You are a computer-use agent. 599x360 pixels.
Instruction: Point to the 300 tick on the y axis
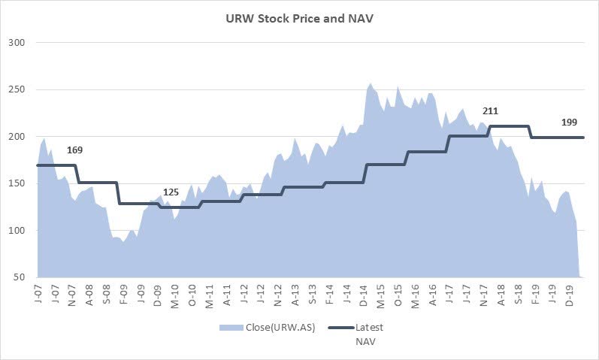click(17, 43)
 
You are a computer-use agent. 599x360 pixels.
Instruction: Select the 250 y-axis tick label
click(17, 89)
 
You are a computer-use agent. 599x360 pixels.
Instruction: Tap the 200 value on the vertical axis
click(17, 137)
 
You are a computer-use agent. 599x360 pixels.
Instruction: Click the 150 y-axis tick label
click(17, 184)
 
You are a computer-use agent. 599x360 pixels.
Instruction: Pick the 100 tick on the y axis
click(17, 231)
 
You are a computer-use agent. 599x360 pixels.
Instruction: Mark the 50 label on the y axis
click(20, 278)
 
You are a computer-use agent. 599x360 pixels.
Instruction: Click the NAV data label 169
click(74, 150)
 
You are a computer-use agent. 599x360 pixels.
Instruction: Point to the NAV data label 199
click(571, 123)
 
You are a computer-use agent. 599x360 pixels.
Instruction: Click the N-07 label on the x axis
click(72, 295)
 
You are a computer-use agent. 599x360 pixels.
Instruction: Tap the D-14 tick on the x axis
click(365, 295)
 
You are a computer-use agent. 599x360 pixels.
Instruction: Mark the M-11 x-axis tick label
click(210, 295)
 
